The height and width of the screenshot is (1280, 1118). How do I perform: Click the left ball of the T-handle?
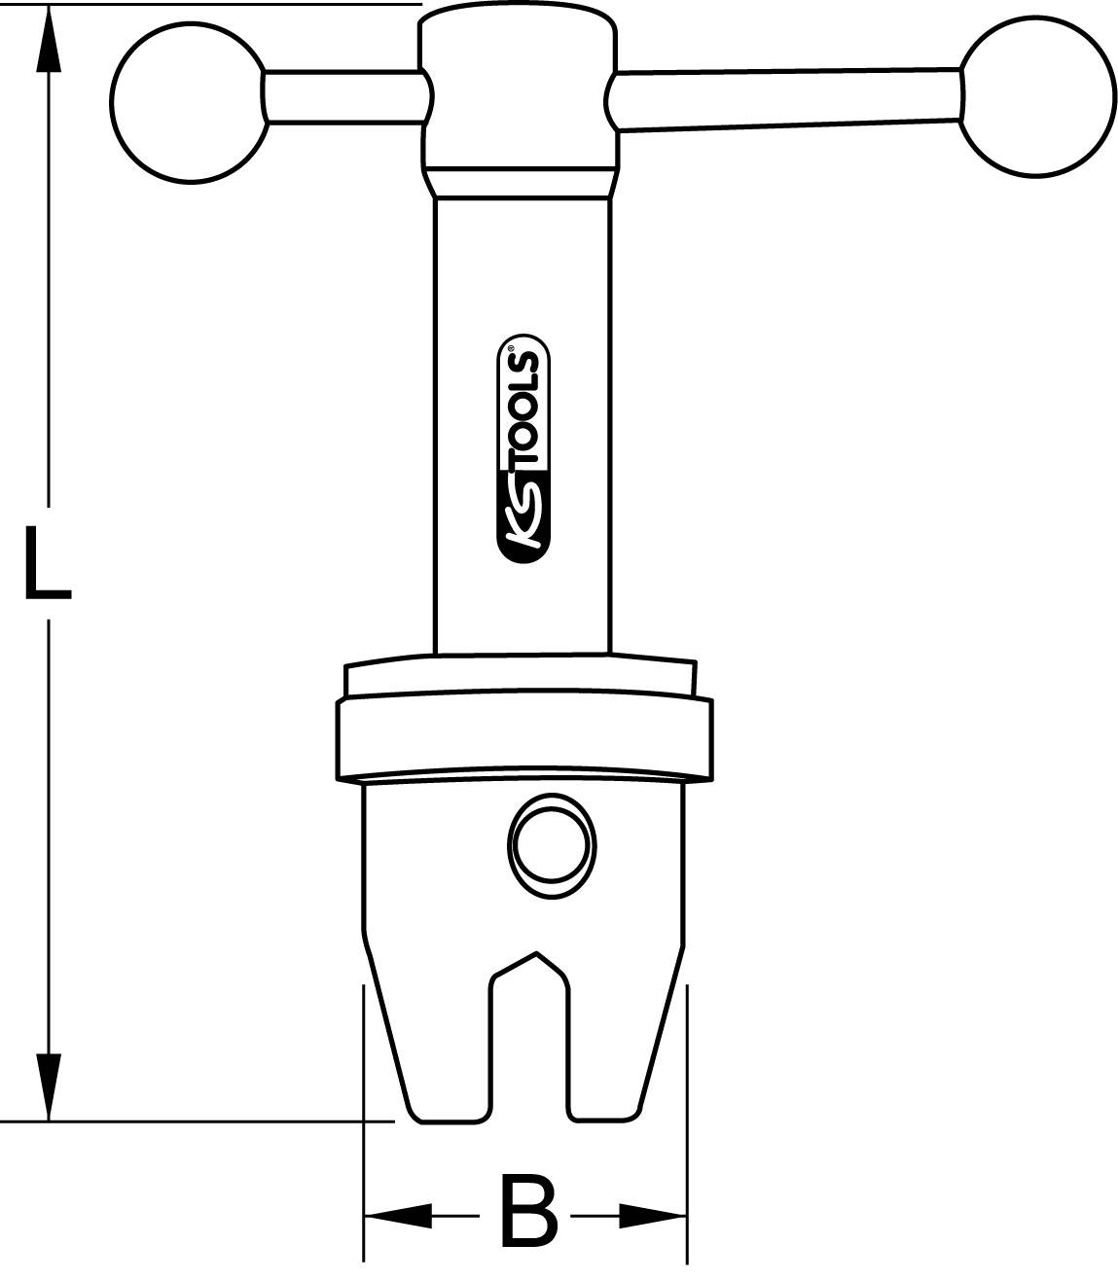[189, 100]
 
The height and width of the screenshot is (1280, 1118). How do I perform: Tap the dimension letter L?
[46, 561]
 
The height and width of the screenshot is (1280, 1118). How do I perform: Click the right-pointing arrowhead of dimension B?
[653, 1214]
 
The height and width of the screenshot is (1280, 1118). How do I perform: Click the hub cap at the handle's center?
[518, 88]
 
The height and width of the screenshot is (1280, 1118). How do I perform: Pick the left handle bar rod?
[343, 97]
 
